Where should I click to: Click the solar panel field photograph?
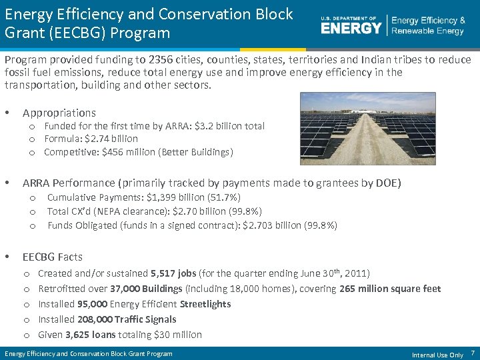pyautogui.click(x=368, y=128)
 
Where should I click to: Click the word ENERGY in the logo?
pyautogui.click(x=351, y=27)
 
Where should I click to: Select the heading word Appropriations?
pyautogui.click(x=59, y=113)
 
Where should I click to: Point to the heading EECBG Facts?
pyautogui.click(x=53, y=257)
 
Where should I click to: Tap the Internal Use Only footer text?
pyautogui.click(x=437, y=355)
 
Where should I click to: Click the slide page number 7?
pyautogui.click(x=472, y=353)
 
